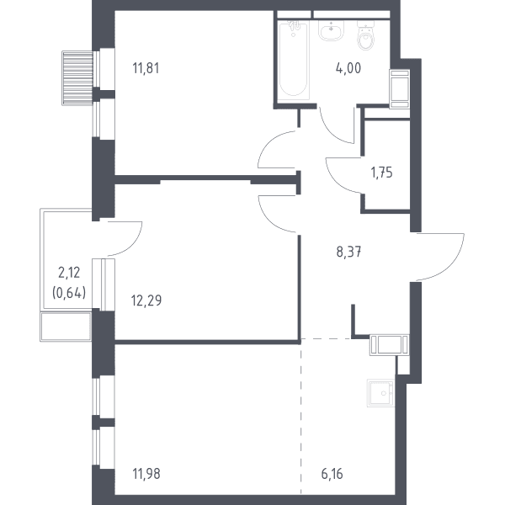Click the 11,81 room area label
(146, 68)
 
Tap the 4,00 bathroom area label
(348, 68)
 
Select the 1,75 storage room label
(381, 173)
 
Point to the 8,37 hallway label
(348, 252)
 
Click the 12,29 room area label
(146, 300)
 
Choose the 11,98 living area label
(146, 474)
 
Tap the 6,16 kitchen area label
(332, 474)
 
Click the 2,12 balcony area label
(69, 273)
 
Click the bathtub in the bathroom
(293, 61)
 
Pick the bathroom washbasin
(331, 30)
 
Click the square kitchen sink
(381, 392)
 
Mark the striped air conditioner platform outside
(78, 78)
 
